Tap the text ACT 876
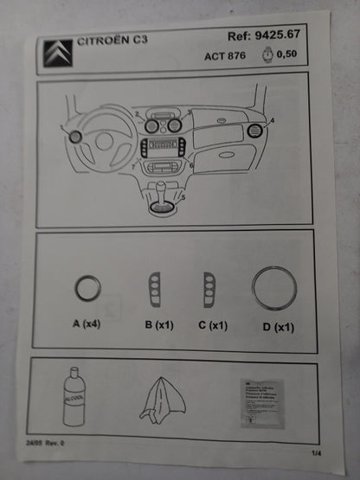[x=225, y=55]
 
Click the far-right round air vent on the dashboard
[x=256, y=131]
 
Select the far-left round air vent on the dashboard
[x=75, y=137]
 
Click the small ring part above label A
[x=87, y=287]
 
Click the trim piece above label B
[x=154, y=289]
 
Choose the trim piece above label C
[x=209, y=289]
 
